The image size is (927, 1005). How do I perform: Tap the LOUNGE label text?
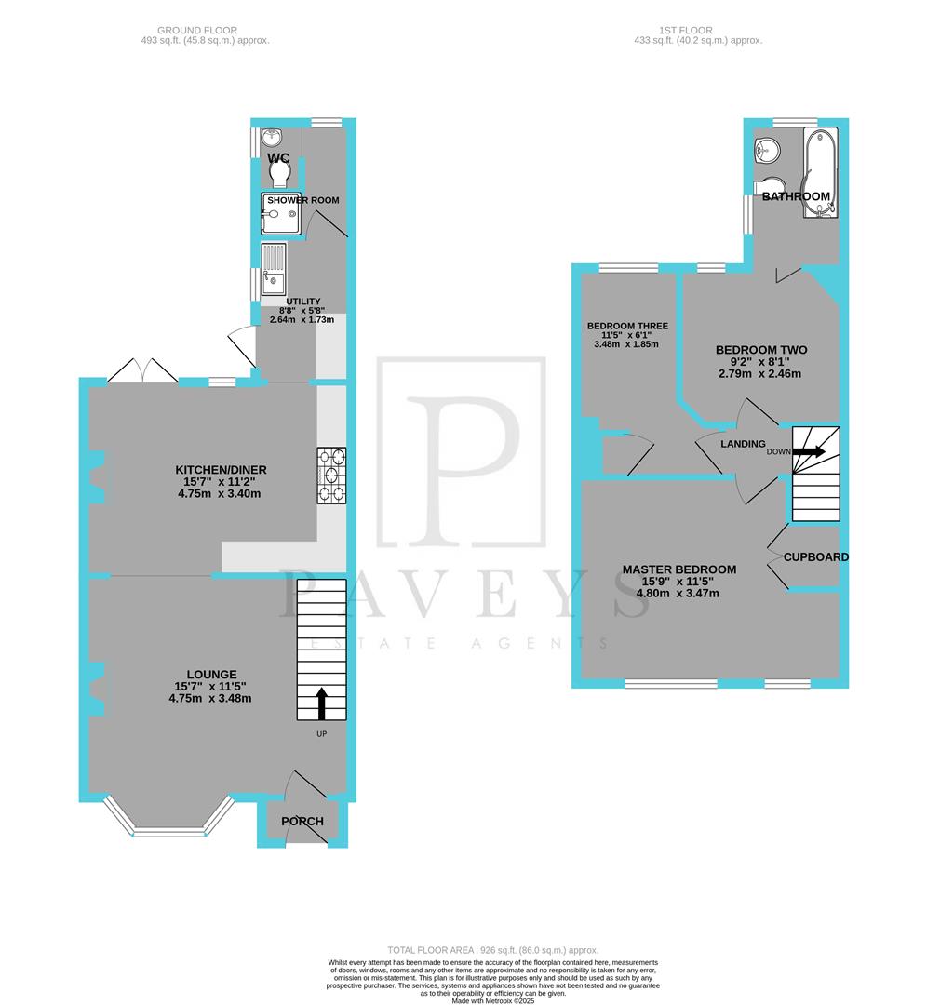click(211, 675)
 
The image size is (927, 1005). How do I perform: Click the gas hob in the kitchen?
click(332, 475)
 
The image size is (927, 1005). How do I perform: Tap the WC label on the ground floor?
click(279, 159)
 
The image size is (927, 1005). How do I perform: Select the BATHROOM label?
click(796, 196)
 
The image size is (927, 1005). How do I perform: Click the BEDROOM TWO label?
click(761, 350)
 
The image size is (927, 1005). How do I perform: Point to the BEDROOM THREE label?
click(627, 326)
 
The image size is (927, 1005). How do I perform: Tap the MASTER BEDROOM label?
click(679, 569)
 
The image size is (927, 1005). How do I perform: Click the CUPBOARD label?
click(816, 557)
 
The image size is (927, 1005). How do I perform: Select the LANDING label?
click(743, 444)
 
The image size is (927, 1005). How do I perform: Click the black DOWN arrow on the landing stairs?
click(810, 452)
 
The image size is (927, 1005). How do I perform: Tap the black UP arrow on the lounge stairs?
click(322, 703)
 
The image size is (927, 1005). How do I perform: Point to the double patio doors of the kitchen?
click(142, 372)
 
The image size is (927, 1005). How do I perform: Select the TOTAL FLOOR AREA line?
click(463, 950)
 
